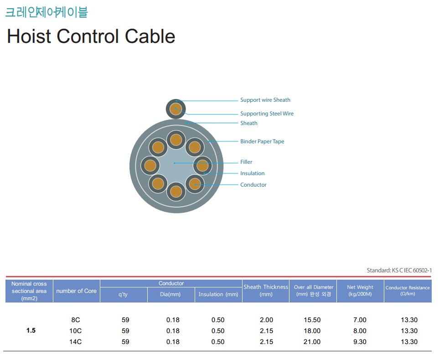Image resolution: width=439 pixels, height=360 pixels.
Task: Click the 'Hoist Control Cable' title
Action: pyautogui.click(x=91, y=37)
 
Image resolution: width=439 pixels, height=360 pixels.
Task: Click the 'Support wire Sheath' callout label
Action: pyautogui.click(x=265, y=100)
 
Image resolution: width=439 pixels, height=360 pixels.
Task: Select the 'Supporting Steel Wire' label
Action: pyautogui.click(x=267, y=114)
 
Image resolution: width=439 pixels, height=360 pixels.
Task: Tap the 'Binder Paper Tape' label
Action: pyautogui.click(x=262, y=141)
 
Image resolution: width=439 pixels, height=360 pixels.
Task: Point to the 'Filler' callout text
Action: pyautogui.click(x=246, y=162)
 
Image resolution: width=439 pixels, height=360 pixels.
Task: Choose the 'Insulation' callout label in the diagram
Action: pyautogui.click(x=252, y=173)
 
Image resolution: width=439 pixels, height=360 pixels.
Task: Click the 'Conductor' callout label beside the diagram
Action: pyautogui.click(x=253, y=185)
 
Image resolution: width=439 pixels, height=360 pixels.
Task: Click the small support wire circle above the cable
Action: pyautogui.click(x=176, y=109)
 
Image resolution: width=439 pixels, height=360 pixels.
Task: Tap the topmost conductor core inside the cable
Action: pyautogui.click(x=176, y=140)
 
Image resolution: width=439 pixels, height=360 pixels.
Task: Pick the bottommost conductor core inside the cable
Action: pyautogui.click(x=176, y=192)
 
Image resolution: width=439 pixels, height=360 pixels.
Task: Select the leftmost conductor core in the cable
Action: pyautogui.click(x=150, y=166)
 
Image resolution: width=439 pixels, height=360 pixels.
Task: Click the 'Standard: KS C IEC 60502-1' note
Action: pyautogui.click(x=399, y=271)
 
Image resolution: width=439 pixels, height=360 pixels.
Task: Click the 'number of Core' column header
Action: pyautogui.click(x=76, y=291)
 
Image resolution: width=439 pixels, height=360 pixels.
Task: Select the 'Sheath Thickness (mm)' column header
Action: pyautogui.click(x=266, y=291)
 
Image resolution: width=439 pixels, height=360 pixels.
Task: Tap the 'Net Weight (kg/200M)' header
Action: pyautogui.click(x=360, y=291)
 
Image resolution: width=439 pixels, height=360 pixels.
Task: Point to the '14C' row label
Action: pyautogui.click(x=75, y=342)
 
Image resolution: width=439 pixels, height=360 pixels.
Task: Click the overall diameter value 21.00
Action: pyautogui.click(x=312, y=342)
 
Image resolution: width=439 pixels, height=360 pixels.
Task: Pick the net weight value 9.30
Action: pyautogui.click(x=360, y=342)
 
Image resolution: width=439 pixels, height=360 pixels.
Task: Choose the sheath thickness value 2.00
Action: pyautogui.click(x=266, y=320)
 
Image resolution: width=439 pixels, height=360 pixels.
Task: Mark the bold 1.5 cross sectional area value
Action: pyautogui.click(x=31, y=331)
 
